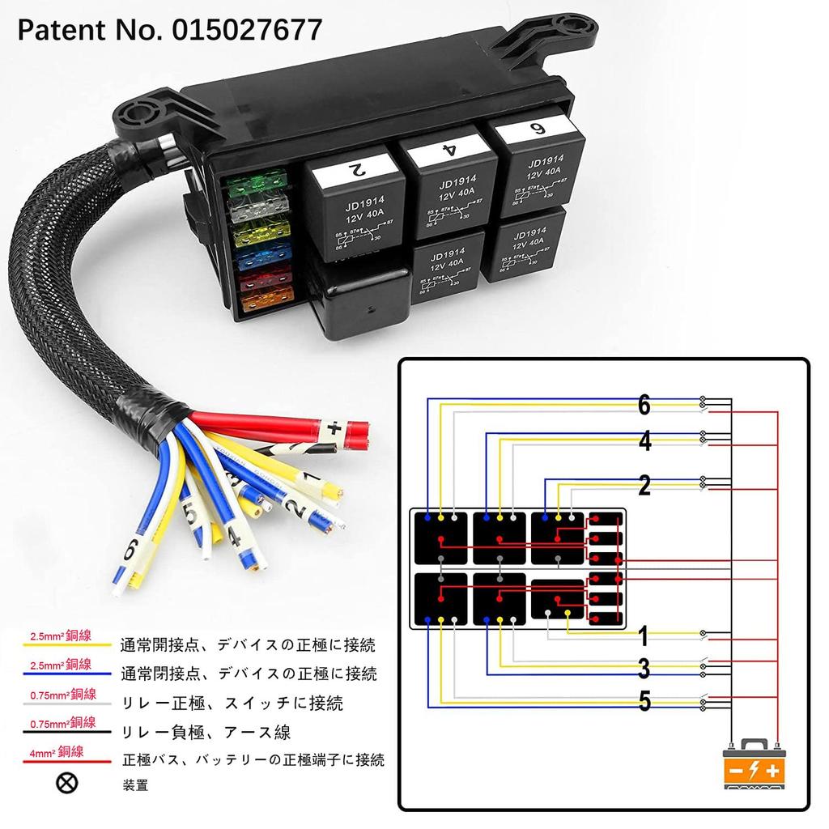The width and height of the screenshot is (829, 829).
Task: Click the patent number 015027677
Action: [247, 30]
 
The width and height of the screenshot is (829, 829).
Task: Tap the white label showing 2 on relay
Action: [352, 171]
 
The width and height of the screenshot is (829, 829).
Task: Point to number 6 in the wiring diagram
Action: [644, 405]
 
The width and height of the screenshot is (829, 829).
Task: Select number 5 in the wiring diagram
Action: [644, 701]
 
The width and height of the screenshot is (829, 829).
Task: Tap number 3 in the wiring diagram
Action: [644, 669]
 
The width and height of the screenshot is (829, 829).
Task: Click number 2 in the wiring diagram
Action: [644, 486]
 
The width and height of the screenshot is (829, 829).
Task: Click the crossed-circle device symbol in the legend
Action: [70, 783]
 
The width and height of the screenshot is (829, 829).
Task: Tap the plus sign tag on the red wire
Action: [334, 428]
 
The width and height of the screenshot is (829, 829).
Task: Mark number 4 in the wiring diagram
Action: [644, 441]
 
